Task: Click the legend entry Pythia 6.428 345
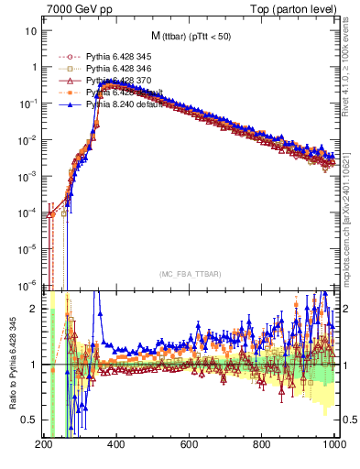tap(118, 56)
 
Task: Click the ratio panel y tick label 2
tap(31, 309)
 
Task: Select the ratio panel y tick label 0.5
tap(27, 420)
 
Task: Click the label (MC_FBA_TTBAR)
tap(189, 275)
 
